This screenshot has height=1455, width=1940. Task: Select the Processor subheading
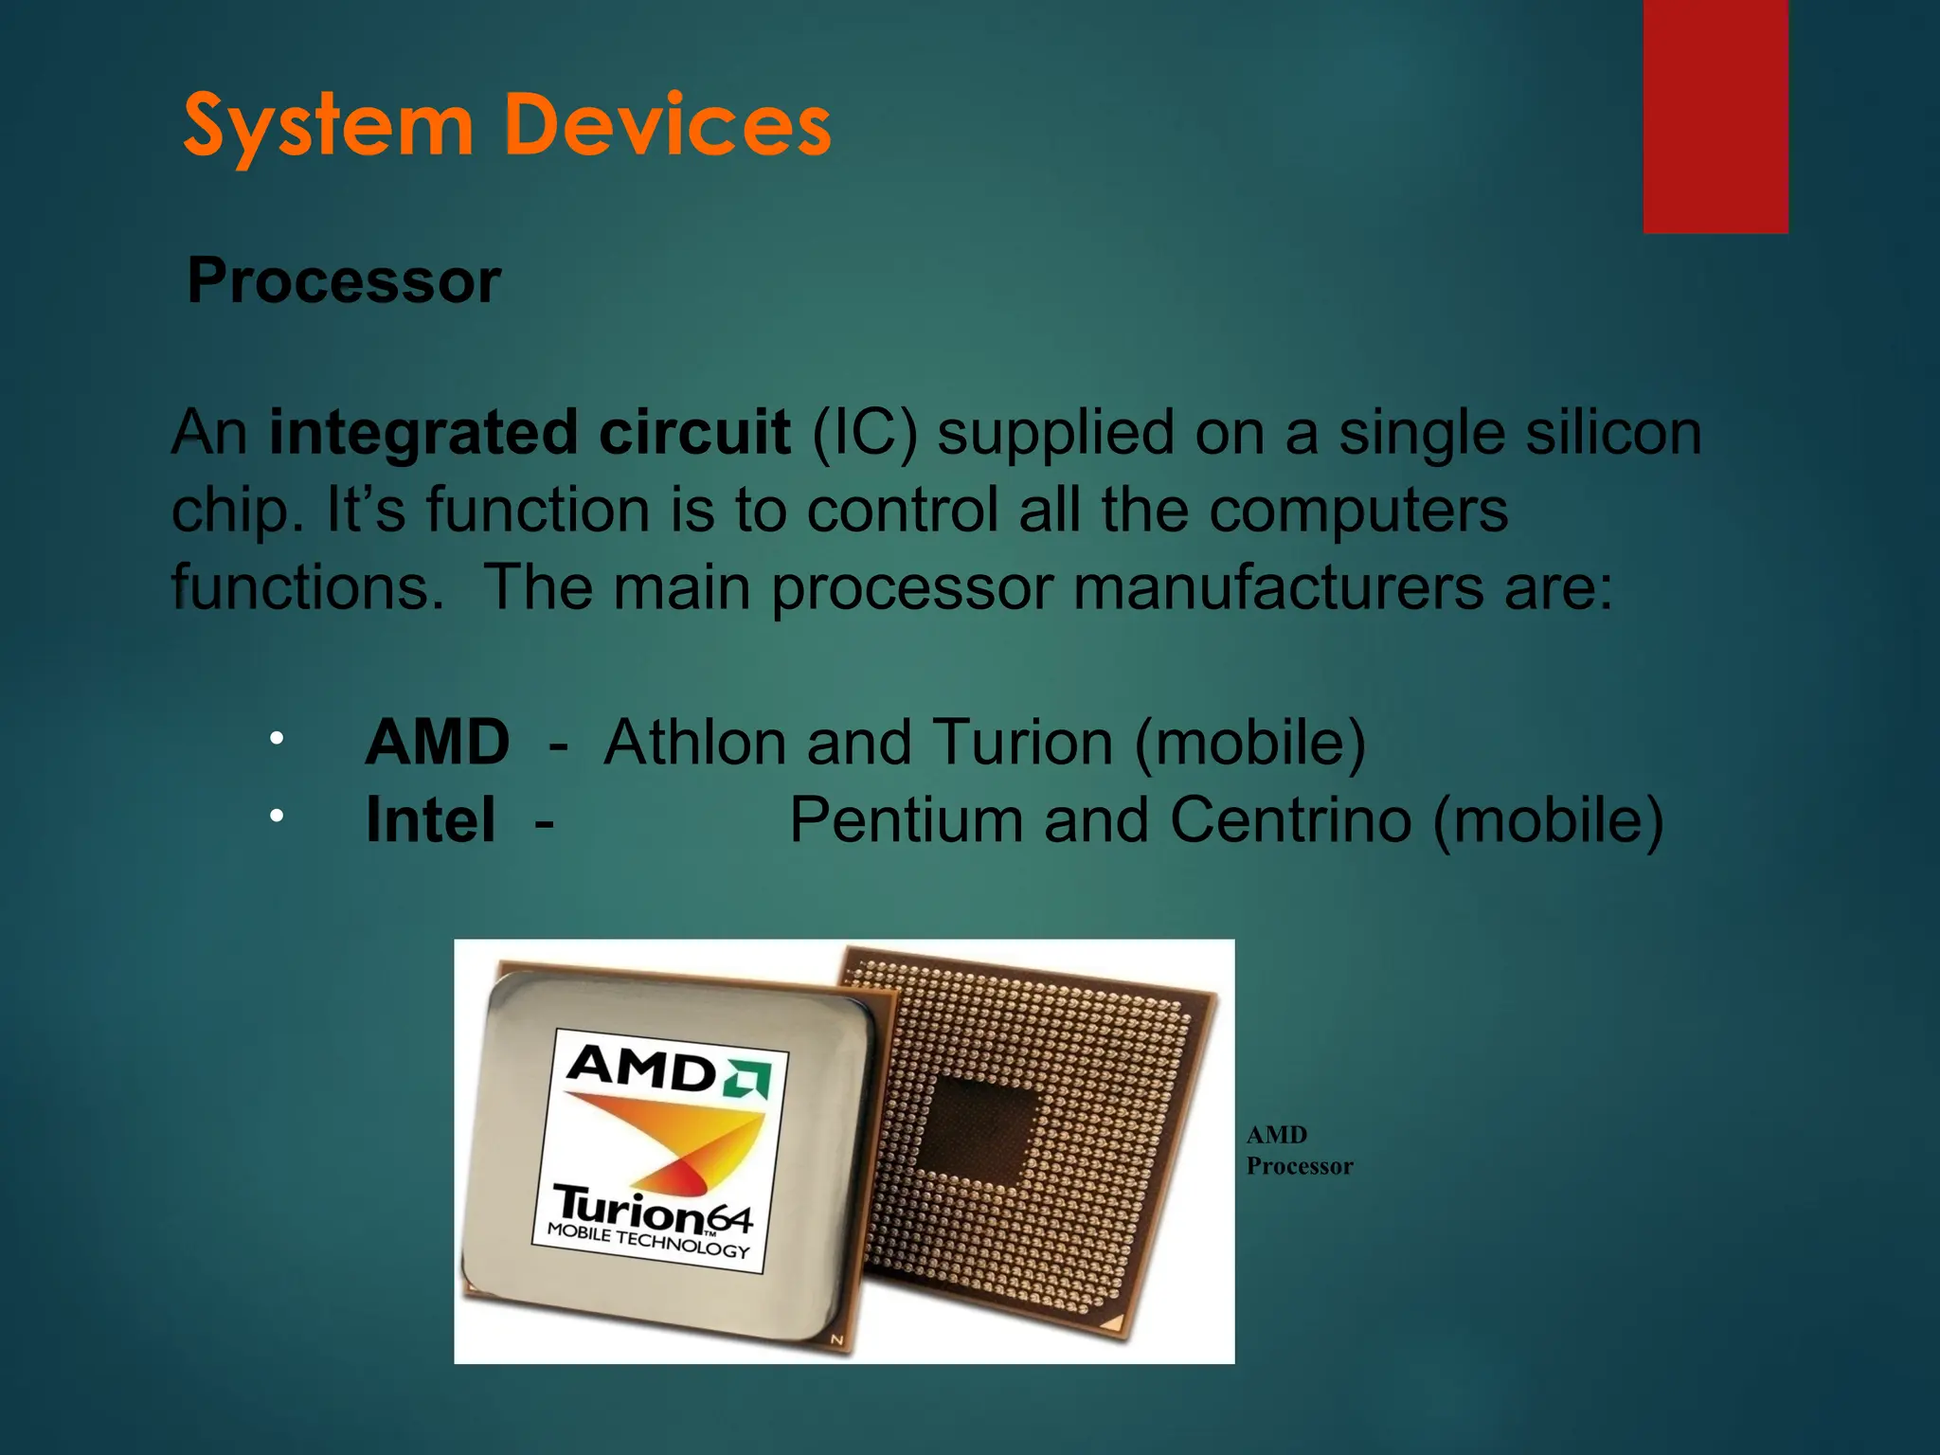[343, 281]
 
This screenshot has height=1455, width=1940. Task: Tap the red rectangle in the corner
[1715, 116]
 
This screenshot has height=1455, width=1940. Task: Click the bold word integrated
[422, 433]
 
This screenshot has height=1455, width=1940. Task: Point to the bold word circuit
[694, 433]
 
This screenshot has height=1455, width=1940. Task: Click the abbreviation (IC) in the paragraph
[865, 433]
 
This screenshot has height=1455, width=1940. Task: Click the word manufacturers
[1278, 588]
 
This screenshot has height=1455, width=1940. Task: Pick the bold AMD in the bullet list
[438, 742]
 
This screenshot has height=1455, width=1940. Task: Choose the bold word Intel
[430, 820]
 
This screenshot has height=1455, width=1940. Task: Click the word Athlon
[694, 742]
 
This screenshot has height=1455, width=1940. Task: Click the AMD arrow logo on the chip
[747, 1079]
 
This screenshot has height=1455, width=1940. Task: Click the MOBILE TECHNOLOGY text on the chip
[648, 1241]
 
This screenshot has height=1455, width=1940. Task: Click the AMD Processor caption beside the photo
[1299, 1150]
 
